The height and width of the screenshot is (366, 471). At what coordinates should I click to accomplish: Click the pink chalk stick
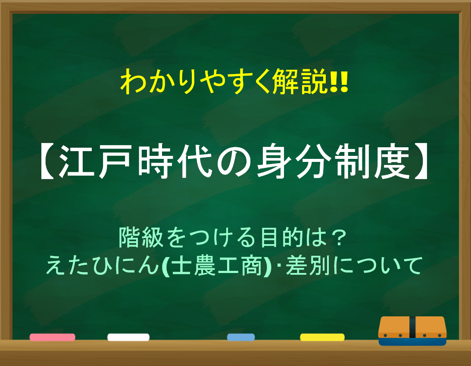pos(52,337)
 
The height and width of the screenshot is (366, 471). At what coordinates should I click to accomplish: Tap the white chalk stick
pos(128,337)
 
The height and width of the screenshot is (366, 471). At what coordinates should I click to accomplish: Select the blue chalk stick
pos(241,337)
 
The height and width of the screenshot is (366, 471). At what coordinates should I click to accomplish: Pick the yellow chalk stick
pos(322,337)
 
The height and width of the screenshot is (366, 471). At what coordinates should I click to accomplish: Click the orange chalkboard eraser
pos(412,331)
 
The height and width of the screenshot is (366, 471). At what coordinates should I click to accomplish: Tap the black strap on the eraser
pos(412,327)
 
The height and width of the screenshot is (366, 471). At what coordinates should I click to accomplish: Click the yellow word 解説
pos(301,81)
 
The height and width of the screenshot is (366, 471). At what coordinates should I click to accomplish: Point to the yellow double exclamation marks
pos(339,81)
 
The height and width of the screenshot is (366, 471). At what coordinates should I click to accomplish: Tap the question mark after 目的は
pos(339,237)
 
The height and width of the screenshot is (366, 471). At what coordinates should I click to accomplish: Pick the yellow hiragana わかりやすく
pos(196,81)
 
